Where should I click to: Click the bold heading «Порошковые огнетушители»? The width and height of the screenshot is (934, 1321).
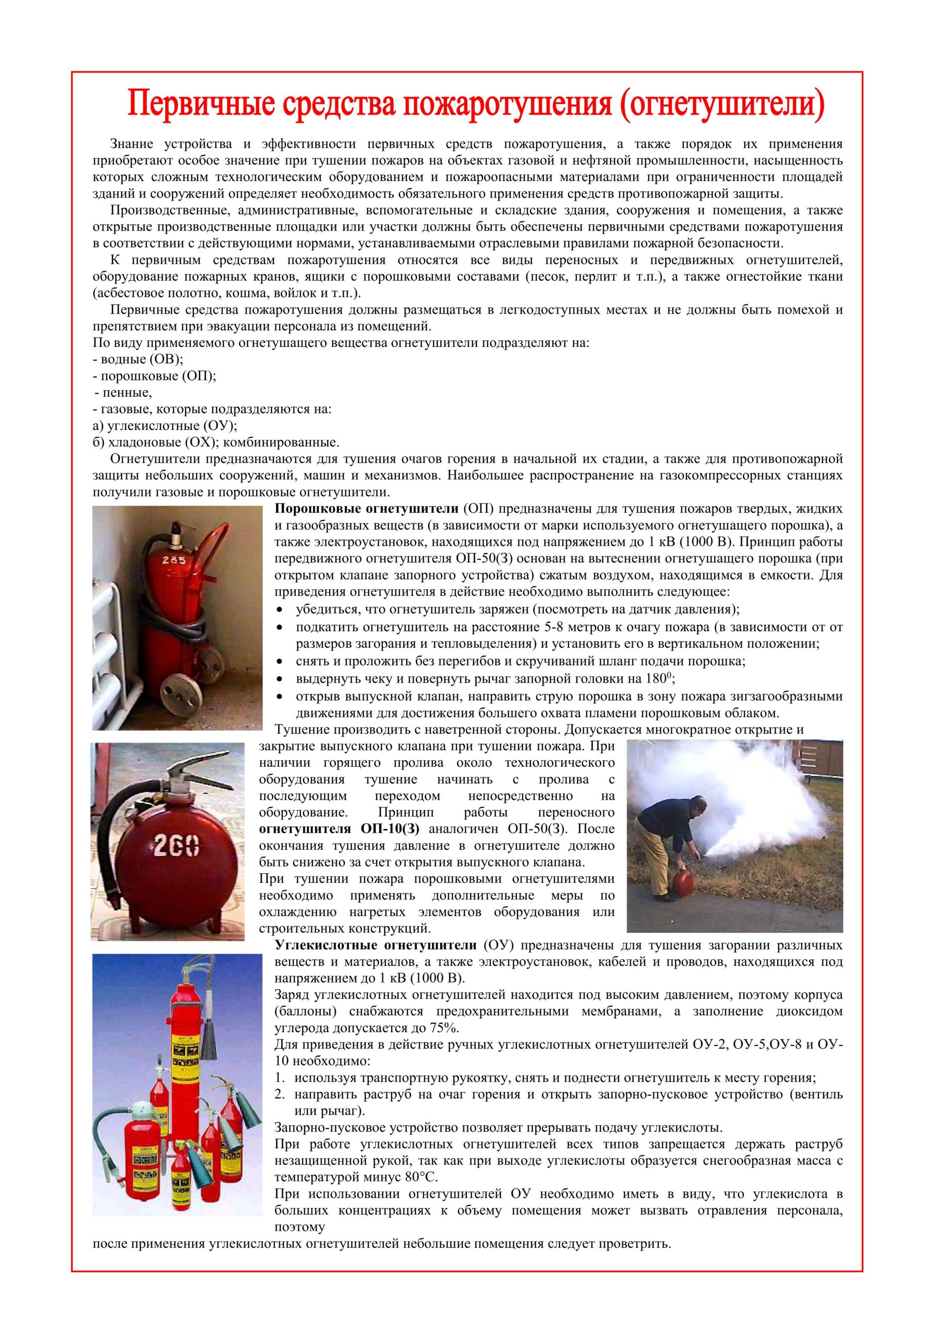(x=366, y=509)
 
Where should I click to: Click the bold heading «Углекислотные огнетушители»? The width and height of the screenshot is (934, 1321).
(x=376, y=945)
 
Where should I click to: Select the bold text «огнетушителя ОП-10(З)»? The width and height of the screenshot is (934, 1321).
(x=340, y=829)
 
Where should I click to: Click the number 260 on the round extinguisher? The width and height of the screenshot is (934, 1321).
(x=176, y=846)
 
